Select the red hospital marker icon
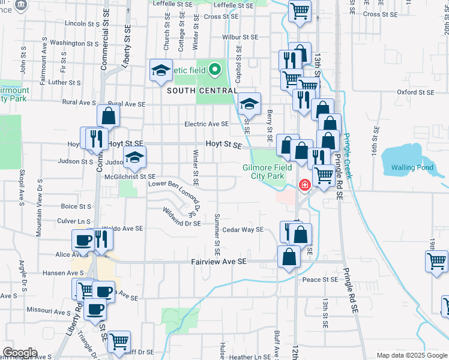click(x=305, y=185)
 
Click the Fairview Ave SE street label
click(x=219, y=262)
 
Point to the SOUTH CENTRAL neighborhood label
click(x=201, y=90)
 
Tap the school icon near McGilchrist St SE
click(x=135, y=158)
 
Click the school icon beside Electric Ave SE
click(x=249, y=104)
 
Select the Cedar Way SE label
click(x=243, y=229)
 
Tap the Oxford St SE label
click(x=415, y=92)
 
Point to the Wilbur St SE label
click(x=240, y=37)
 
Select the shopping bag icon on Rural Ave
click(x=109, y=116)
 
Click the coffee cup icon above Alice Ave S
click(x=83, y=241)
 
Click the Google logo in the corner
click(x=19, y=353)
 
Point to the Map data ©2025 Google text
click(x=412, y=355)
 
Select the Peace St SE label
click(x=320, y=280)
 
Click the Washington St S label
click(x=74, y=43)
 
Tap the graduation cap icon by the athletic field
click(x=161, y=71)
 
